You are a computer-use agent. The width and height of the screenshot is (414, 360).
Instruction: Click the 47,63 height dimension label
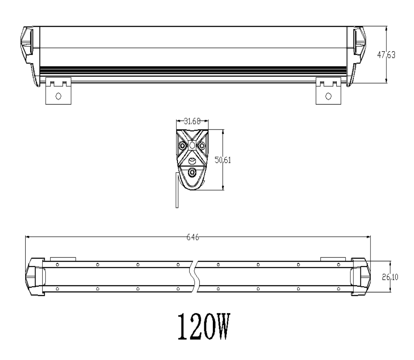click(x=386, y=55)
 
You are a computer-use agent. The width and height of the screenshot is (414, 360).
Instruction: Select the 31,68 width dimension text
click(x=192, y=121)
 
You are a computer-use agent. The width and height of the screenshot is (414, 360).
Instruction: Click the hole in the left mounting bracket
click(x=58, y=96)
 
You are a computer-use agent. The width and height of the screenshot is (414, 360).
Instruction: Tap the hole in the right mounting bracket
click(x=329, y=96)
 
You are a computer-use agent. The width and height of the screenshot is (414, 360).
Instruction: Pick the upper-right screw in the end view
click(x=202, y=146)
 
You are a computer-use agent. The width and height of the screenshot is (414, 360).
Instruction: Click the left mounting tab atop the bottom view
click(x=63, y=259)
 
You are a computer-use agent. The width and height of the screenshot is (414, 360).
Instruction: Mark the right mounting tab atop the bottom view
click(x=332, y=259)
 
